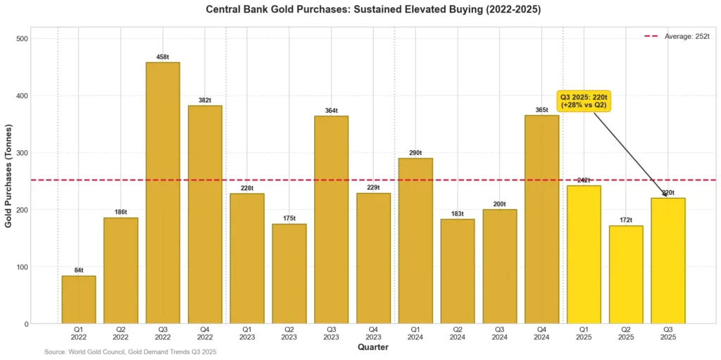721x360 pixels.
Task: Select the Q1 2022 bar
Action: pos(79,299)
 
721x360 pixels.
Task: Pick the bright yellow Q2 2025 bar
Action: pos(626,275)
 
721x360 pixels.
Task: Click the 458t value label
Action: pos(163,57)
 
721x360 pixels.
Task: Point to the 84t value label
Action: pos(79,271)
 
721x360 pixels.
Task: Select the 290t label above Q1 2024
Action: pos(415,153)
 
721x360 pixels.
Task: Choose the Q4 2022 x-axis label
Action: pos(205,333)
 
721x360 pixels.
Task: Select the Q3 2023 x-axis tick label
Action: pos(331,333)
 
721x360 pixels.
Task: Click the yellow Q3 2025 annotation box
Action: pos(584,101)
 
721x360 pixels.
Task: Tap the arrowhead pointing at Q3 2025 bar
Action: pos(665,195)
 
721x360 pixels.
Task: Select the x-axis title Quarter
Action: pos(372,347)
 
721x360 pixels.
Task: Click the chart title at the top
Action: pos(373,10)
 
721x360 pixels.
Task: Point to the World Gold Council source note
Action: pos(130,352)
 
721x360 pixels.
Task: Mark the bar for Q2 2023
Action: pos(289,274)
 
